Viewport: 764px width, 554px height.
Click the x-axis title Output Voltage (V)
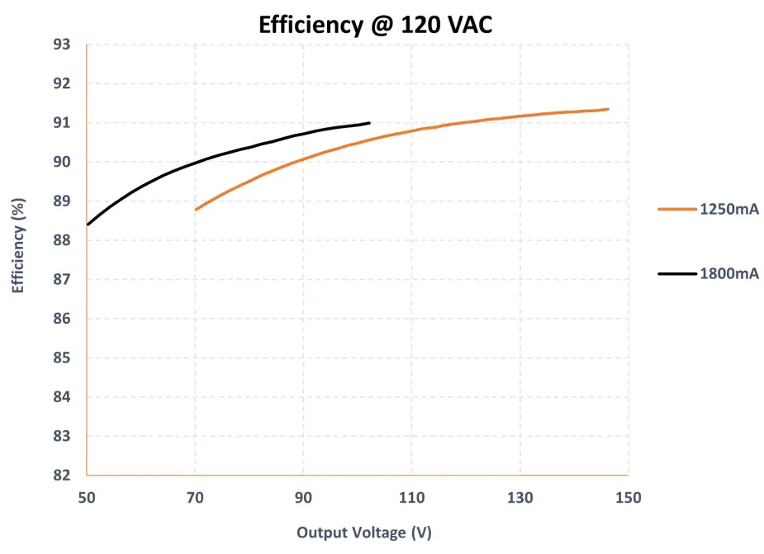tap(363, 532)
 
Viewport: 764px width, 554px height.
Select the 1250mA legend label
tap(728, 210)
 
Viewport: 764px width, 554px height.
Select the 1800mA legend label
tap(728, 273)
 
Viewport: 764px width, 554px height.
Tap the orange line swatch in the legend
tap(677, 210)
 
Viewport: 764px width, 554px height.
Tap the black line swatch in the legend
tap(677, 273)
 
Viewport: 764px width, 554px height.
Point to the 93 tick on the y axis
tap(63, 45)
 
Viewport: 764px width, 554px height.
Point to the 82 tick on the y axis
tap(63, 476)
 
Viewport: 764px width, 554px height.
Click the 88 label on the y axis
tap(63, 240)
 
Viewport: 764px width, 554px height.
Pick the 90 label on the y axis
tap(63, 162)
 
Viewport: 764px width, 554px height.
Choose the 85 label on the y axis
tap(63, 358)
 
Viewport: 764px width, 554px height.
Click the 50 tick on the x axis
tap(87, 497)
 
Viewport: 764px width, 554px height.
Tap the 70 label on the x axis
tap(195, 497)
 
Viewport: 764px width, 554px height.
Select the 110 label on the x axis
tap(411, 497)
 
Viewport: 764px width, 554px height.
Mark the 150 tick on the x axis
tap(628, 497)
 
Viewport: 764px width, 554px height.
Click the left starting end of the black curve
tap(88, 224)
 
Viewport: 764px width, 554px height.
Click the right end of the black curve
tap(368, 123)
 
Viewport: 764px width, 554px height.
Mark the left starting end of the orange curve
tap(196, 210)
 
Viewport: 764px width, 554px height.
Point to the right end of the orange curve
tap(607, 109)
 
